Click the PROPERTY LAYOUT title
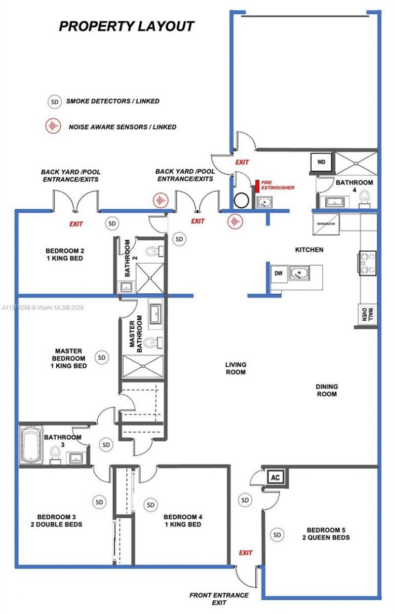pyautogui.click(x=126, y=26)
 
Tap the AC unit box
pyautogui.click(x=275, y=478)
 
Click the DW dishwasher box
pyautogui.click(x=278, y=273)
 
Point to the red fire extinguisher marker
pyautogui.click(x=257, y=187)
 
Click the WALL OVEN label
pyautogui.click(x=365, y=314)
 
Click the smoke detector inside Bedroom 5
pyautogui.click(x=277, y=535)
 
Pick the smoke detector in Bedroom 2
pyautogui.click(x=113, y=224)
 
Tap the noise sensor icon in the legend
pyautogui.click(x=53, y=126)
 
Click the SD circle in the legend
pyautogui.click(x=54, y=102)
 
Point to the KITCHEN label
pyautogui.click(x=309, y=250)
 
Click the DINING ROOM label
pyautogui.click(x=326, y=390)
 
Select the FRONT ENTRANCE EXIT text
pyautogui.click(x=219, y=599)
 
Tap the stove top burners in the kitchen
pyautogui.click(x=368, y=263)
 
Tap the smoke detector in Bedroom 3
pyautogui.click(x=100, y=502)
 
